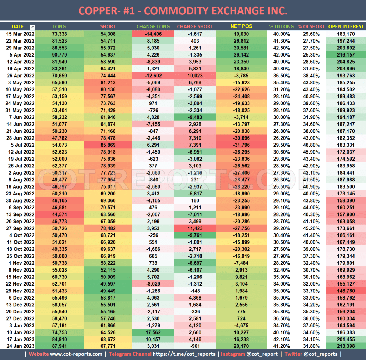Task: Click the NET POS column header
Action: (x=241, y=26)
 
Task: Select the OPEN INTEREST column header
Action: (x=346, y=26)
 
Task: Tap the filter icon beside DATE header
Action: (x=33, y=27)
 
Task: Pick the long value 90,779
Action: (x=59, y=54)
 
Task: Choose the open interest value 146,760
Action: (x=346, y=291)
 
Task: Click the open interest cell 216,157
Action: (x=346, y=54)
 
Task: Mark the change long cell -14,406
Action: (x=153, y=34)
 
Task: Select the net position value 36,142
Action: (x=241, y=54)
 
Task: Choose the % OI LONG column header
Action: (x=282, y=26)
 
